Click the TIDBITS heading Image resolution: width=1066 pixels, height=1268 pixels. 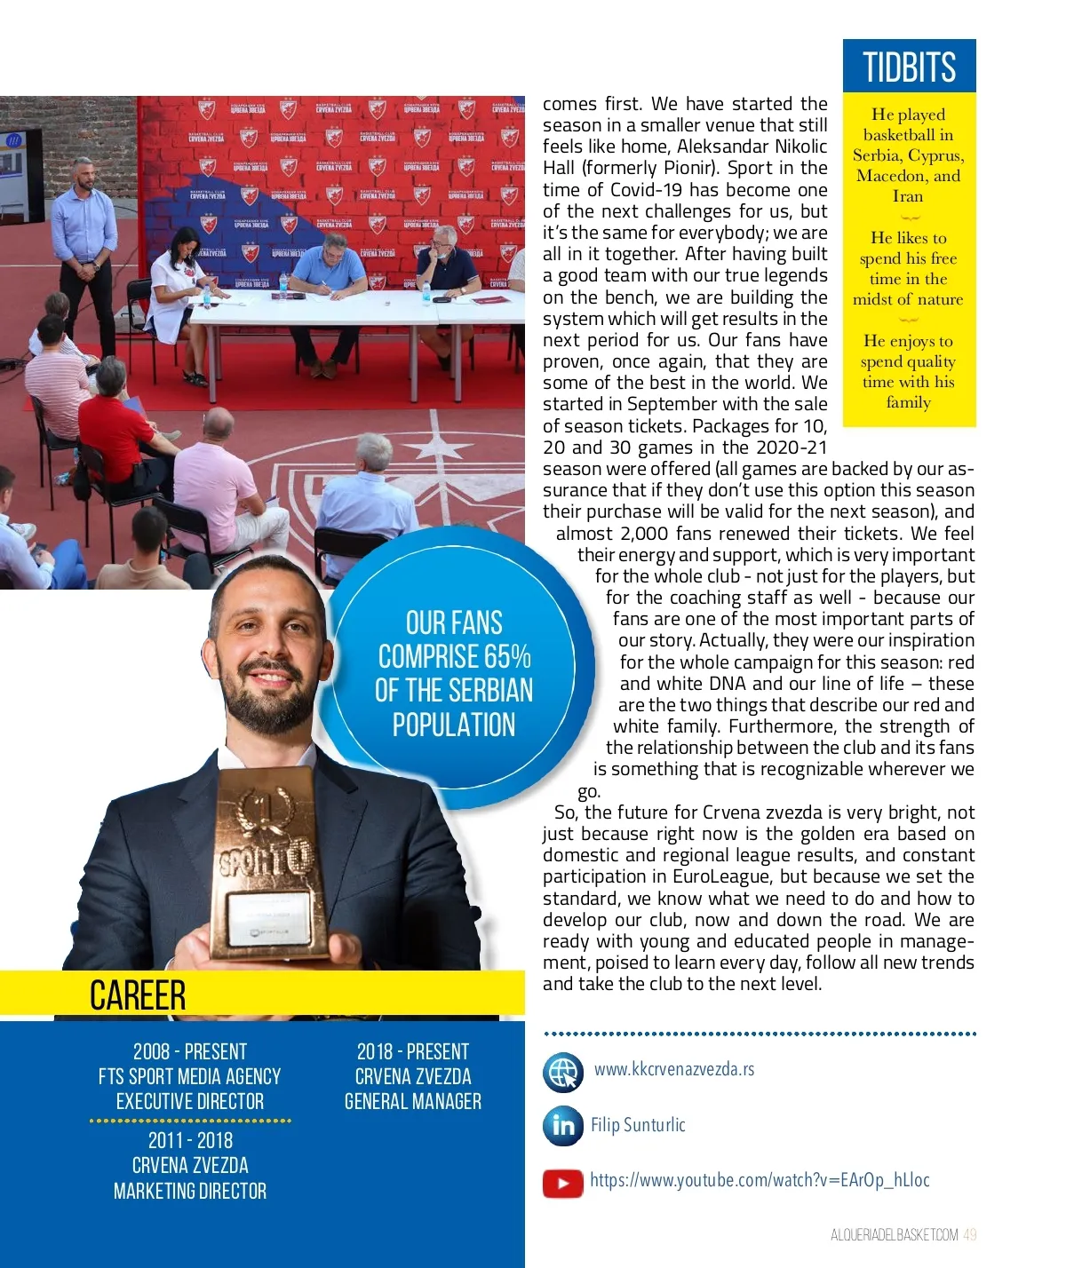[909, 67]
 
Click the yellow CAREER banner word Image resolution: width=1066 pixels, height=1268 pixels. [138, 995]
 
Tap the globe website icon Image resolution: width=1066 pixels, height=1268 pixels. [563, 1072]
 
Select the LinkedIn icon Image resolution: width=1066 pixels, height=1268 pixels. [563, 1126]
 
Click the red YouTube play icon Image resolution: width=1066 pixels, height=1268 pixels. [563, 1183]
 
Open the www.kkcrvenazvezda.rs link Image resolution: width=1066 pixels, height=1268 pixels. [674, 1069]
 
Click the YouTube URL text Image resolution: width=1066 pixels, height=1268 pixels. [760, 1180]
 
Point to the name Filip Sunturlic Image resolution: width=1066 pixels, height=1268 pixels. [638, 1125]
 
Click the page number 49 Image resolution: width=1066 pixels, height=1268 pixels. [969, 1235]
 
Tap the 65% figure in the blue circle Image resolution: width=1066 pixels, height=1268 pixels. [507, 657]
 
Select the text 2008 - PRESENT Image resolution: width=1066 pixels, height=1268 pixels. [190, 1052]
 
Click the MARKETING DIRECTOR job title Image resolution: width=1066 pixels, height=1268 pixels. [190, 1192]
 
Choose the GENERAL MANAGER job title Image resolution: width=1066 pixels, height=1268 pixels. [413, 1102]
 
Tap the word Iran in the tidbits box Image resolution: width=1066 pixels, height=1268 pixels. [908, 196]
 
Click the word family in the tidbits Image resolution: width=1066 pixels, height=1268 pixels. [908, 402]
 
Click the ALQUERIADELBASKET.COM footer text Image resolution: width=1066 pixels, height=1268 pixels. [894, 1235]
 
